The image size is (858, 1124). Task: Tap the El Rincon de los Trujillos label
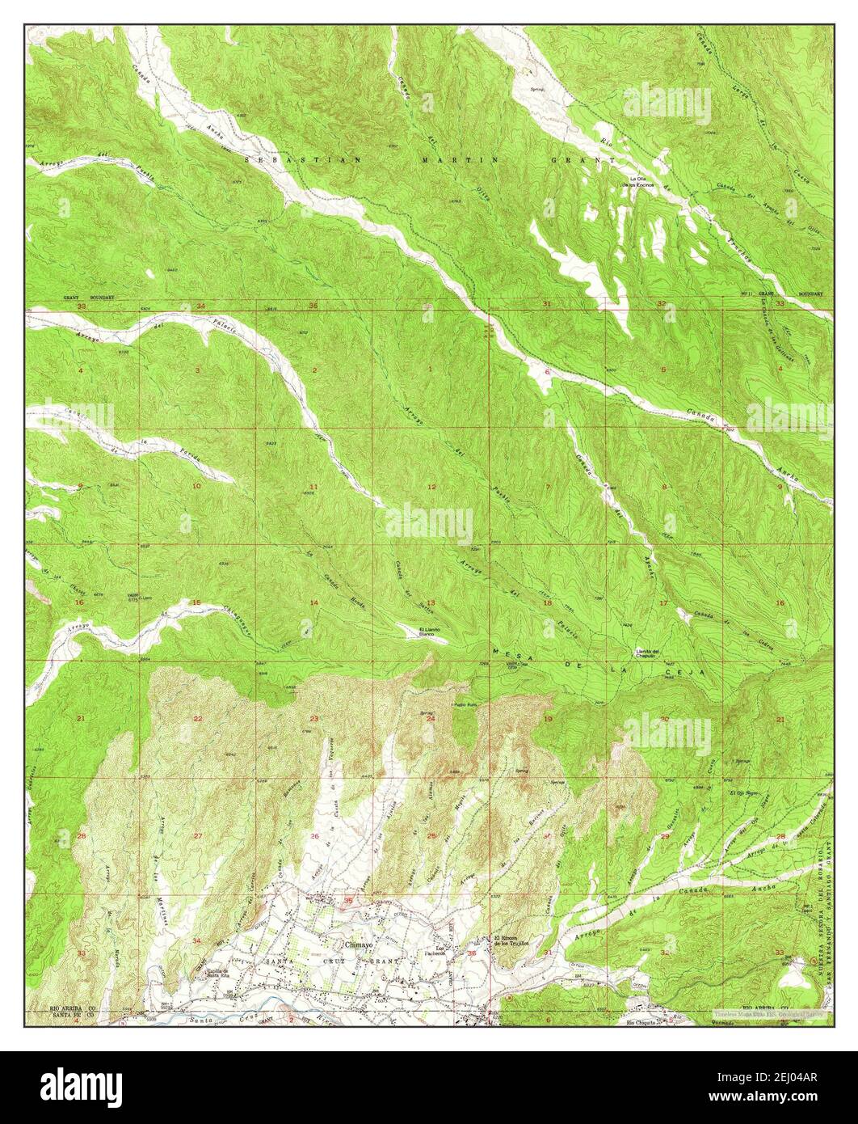[511, 940]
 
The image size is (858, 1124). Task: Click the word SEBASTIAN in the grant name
[304, 160]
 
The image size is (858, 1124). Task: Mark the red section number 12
[431, 487]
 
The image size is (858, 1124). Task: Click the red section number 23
[313, 719]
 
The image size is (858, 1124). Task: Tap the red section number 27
[197, 835]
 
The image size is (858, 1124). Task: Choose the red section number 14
[313, 603]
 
